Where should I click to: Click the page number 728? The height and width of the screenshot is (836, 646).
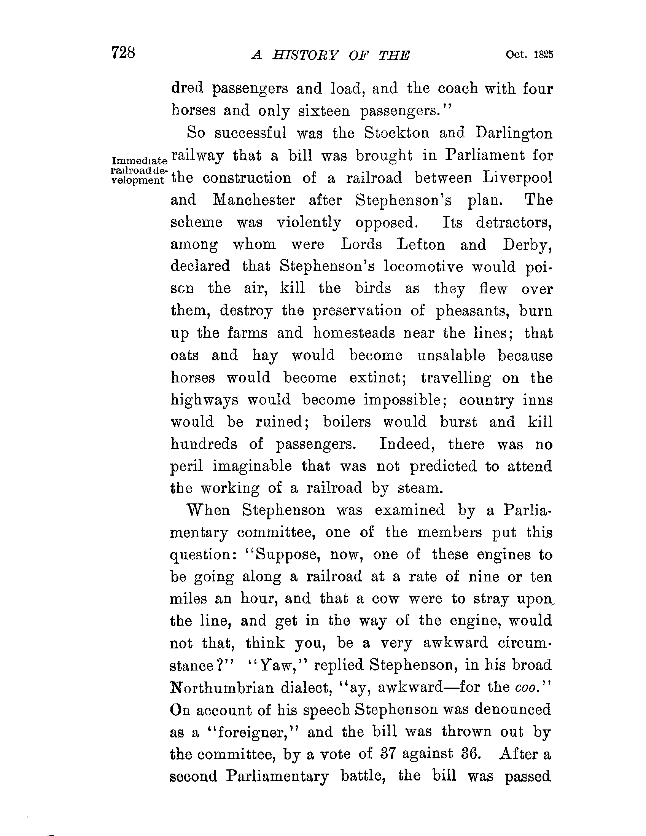coord(123,53)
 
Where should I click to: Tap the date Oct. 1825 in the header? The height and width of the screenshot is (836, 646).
coord(529,55)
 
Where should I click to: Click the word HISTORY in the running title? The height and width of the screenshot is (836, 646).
coord(306,56)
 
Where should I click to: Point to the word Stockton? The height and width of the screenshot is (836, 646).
coord(396,133)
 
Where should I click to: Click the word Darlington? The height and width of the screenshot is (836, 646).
coord(514,133)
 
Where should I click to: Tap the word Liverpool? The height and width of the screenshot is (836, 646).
coord(517,178)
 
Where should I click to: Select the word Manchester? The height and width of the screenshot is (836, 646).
coord(254,200)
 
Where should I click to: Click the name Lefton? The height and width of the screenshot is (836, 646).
coord(421,244)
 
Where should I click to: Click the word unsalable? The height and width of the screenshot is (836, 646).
coord(451,355)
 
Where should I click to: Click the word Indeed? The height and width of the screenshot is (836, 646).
coord(407,444)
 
